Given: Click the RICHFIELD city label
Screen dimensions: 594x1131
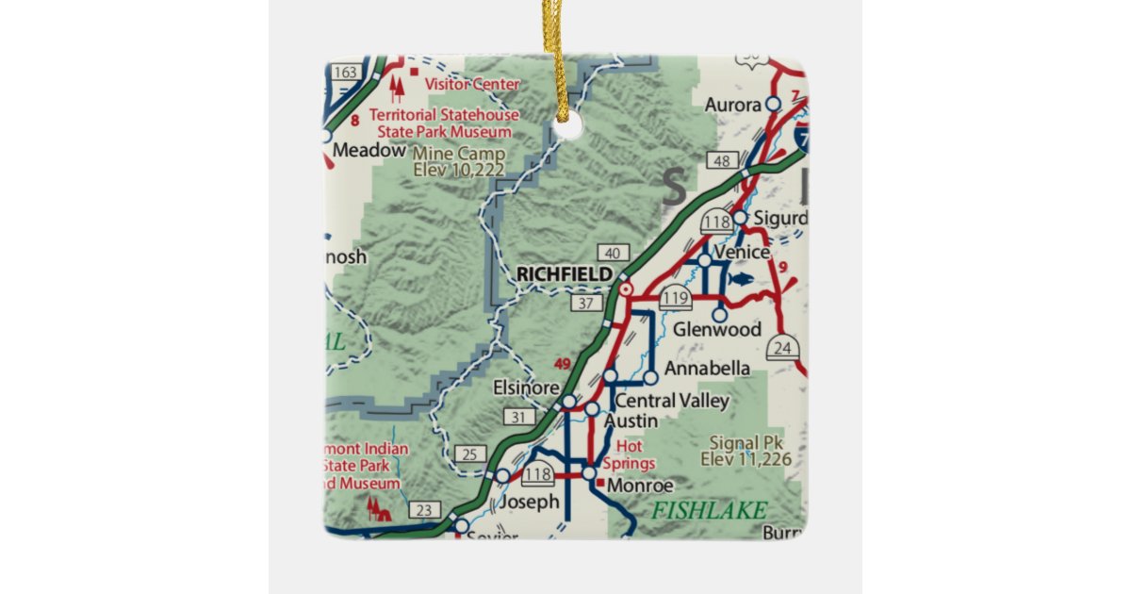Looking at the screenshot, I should click(x=563, y=273).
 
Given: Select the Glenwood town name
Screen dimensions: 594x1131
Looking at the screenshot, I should click(x=717, y=330).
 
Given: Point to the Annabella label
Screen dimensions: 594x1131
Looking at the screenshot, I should click(x=707, y=368).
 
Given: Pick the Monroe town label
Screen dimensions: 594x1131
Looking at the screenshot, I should click(x=641, y=486).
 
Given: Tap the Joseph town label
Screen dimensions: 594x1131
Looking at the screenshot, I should click(x=529, y=502).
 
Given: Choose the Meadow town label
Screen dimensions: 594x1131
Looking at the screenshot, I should click(x=369, y=150).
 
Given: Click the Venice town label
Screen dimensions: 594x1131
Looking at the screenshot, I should click(x=742, y=253).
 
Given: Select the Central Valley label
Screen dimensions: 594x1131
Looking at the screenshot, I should click(x=672, y=402).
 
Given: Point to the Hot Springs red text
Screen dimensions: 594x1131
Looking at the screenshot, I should click(x=634, y=454).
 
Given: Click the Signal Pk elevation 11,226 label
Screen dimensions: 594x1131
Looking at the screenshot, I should click(x=746, y=451).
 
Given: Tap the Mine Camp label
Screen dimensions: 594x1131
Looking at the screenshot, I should click(x=459, y=161).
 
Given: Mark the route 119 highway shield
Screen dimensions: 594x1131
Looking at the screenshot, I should click(x=675, y=301).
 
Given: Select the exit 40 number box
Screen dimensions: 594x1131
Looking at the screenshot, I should click(x=614, y=252).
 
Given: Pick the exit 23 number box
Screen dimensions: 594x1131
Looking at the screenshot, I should click(x=425, y=510).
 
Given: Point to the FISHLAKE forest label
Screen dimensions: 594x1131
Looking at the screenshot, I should click(x=709, y=510).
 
